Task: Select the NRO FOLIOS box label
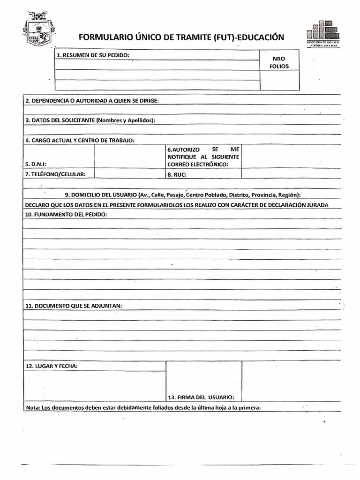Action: (279, 63)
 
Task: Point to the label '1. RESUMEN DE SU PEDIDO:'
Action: (93, 55)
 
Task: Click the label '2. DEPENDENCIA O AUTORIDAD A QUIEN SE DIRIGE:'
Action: (92, 101)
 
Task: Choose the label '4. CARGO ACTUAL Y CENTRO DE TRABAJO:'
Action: (80, 140)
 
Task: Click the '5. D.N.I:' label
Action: (38, 165)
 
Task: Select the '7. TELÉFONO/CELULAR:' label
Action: (55, 174)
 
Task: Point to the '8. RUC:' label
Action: (177, 174)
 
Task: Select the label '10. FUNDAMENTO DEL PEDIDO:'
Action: (66, 214)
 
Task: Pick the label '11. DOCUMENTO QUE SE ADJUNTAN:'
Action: (74, 306)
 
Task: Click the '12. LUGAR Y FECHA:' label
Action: (52, 366)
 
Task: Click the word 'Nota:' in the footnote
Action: (33, 407)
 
